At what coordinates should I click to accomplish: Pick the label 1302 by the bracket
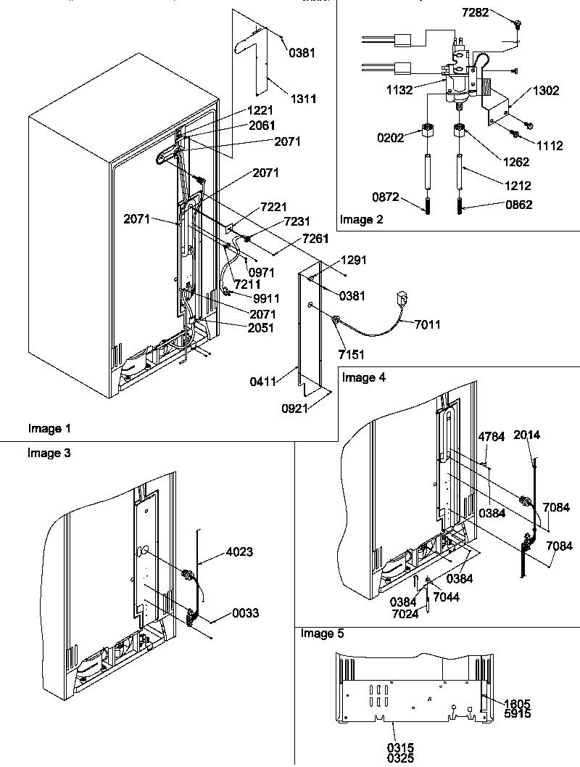pyautogui.click(x=547, y=91)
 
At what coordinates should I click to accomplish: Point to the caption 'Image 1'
pyautogui.click(x=45, y=428)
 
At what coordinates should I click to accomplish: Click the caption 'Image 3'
pyautogui.click(x=45, y=453)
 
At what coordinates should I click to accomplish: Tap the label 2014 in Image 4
pyautogui.click(x=527, y=435)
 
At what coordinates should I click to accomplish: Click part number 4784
pyautogui.click(x=491, y=437)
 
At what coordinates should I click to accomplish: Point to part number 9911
pyautogui.click(x=267, y=298)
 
